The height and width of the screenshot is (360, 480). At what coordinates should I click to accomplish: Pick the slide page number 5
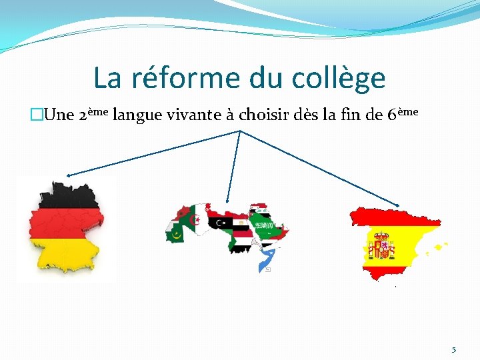pyautogui.click(x=454, y=349)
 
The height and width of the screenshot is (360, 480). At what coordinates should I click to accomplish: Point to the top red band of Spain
pyautogui.click(x=393, y=217)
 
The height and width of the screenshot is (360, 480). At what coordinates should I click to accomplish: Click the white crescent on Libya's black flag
pyautogui.click(x=219, y=221)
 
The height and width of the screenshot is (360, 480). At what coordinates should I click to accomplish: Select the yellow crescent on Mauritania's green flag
pyautogui.click(x=177, y=233)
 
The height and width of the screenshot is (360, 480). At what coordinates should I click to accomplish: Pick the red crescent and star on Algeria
pyautogui.click(x=196, y=219)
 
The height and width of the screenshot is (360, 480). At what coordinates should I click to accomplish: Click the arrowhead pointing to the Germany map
pyautogui.click(x=69, y=175)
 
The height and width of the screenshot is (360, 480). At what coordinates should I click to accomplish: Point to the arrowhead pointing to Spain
pyautogui.click(x=399, y=205)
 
